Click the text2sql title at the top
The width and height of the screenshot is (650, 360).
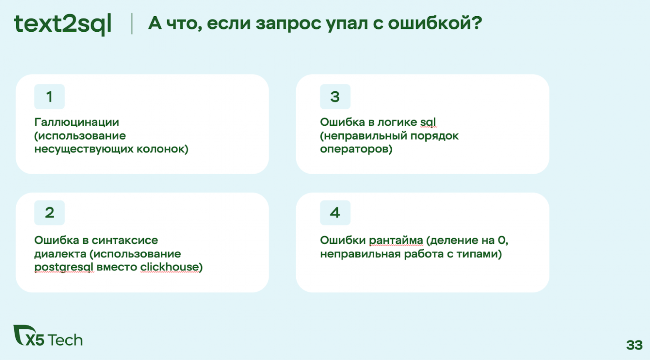point(62,24)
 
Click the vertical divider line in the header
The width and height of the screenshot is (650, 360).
point(132,24)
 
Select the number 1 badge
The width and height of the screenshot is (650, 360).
point(50,97)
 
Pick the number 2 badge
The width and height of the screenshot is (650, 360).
point(50,213)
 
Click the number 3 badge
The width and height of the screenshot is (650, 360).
point(335,97)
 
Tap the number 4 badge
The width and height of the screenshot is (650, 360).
point(335,213)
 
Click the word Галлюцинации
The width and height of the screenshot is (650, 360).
point(77,122)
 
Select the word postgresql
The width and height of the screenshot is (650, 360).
point(64,267)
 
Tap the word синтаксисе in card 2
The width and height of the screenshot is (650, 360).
point(125,240)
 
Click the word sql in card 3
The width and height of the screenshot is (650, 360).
point(428,122)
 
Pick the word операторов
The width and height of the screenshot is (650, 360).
point(356,149)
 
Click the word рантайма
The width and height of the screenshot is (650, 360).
point(396,240)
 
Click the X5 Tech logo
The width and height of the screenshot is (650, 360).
point(48,337)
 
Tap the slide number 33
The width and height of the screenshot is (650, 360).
point(634,345)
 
